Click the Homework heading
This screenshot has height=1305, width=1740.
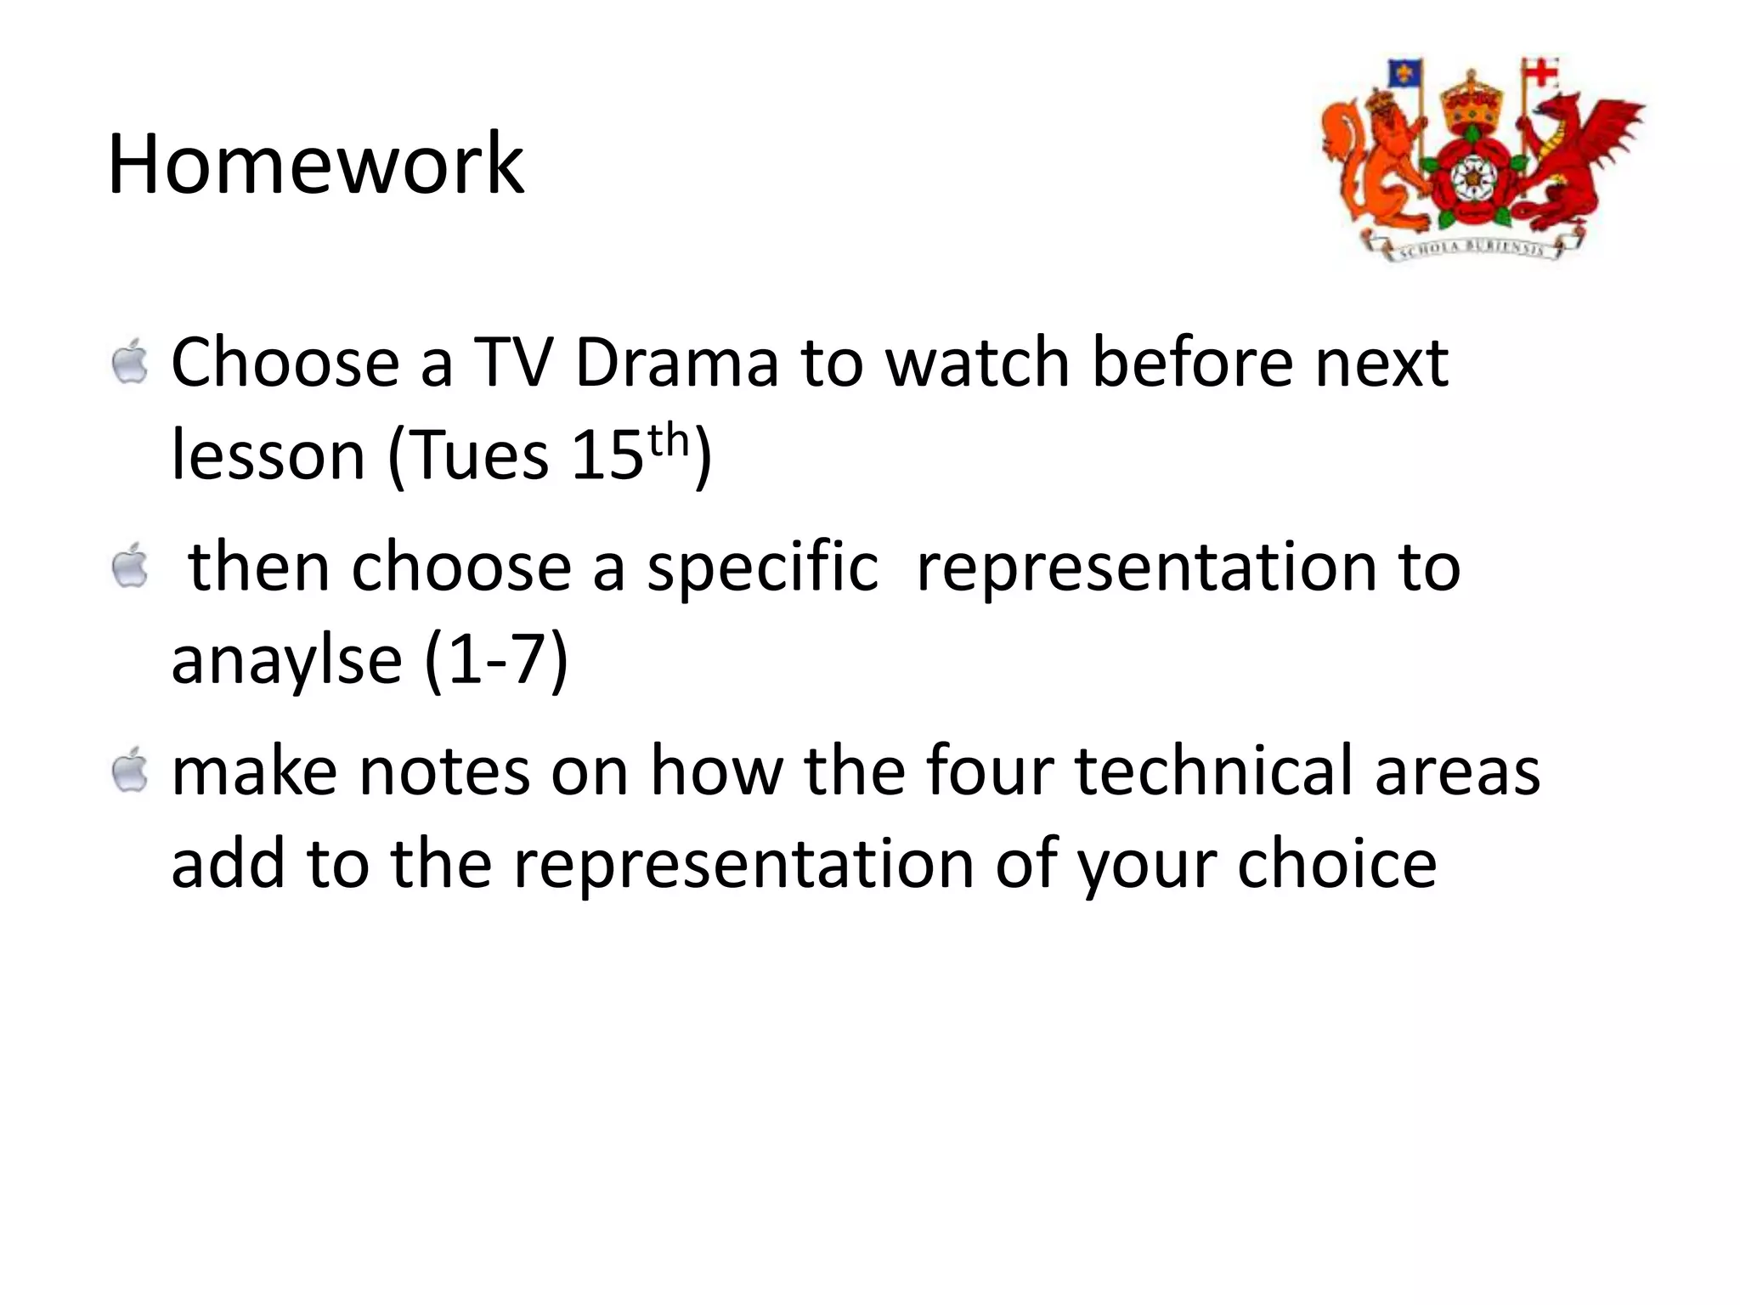click(x=315, y=164)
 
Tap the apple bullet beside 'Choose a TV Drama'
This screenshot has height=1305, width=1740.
click(x=130, y=362)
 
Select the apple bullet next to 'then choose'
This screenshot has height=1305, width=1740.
click(x=130, y=567)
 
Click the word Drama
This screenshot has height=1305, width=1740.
click(x=676, y=363)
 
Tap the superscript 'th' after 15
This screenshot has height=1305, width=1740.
click(x=667, y=440)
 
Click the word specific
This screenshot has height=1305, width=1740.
click(x=762, y=567)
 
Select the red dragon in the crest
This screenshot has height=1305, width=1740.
click(x=1572, y=161)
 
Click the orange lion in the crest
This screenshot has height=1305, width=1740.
click(x=1376, y=166)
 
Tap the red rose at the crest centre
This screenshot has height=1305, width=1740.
click(x=1467, y=178)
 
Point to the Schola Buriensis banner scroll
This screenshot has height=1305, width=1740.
click(x=1478, y=247)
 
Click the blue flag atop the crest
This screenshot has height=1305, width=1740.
click(x=1404, y=74)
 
